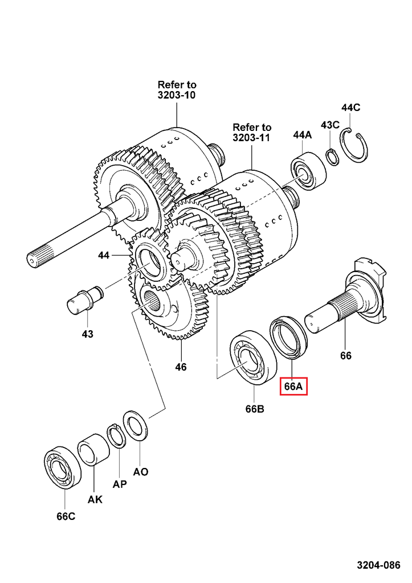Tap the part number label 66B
pos(255,409)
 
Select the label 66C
pos(66,516)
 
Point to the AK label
pos(95,500)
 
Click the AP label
pos(119,485)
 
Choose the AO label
pos(141,471)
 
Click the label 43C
pos(330,125)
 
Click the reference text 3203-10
pos(177,95)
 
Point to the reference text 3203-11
pos(251,138)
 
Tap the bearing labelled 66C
pos(63,465)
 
